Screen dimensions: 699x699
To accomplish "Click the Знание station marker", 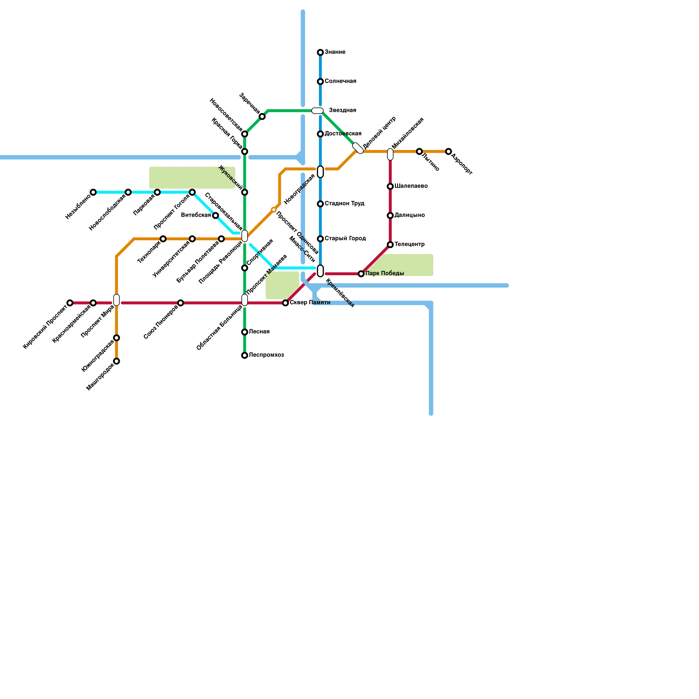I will [x=320, y=52].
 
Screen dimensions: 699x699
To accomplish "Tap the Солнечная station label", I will [x=340, y=81].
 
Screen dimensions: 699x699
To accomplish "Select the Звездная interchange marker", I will [x=318, y=111].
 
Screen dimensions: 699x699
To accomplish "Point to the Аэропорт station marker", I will [x=448, y=152].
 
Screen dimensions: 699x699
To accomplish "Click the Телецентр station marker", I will [x=390, y=245].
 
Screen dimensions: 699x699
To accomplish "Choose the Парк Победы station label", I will [x=384, y=273].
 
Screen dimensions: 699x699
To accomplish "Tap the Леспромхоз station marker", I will [x=245, y=356].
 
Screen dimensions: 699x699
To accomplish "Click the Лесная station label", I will [x=259, y=332].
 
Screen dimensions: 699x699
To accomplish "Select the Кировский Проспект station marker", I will [x=70, y=303].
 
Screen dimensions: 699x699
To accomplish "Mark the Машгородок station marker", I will [x=117, y=361].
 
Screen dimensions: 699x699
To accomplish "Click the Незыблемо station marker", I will [x=93, y=192].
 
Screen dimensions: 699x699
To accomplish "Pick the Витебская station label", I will [x=196, y=215].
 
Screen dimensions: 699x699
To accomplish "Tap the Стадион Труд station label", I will [x=344, y=204].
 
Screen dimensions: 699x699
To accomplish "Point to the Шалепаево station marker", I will [x=390, y=187].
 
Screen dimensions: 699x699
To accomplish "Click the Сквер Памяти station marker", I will [x=285, y=303].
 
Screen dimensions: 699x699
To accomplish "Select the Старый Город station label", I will [x=345, y=239].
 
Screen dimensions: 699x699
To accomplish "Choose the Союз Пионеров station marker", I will [x=180, y=303].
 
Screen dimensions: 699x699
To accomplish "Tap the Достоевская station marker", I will [x=320, y=134].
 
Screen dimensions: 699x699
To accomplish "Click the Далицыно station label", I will [x=409, y=215].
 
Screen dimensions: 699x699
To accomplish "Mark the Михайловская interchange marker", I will [x=390, y=154].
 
